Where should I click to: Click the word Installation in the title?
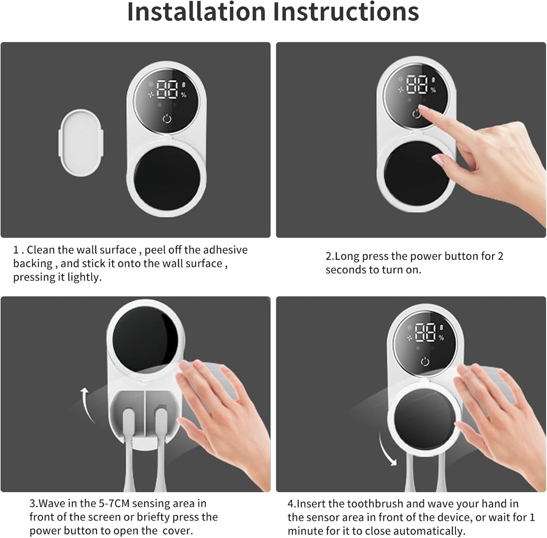[x=196, y=12]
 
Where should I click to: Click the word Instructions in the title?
[x=346, y=12]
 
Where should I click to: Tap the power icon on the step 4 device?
[x=425, y=362]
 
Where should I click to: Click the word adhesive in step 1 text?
[x=225, y=250]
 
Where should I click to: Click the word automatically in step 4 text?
[x=421, y=531]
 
